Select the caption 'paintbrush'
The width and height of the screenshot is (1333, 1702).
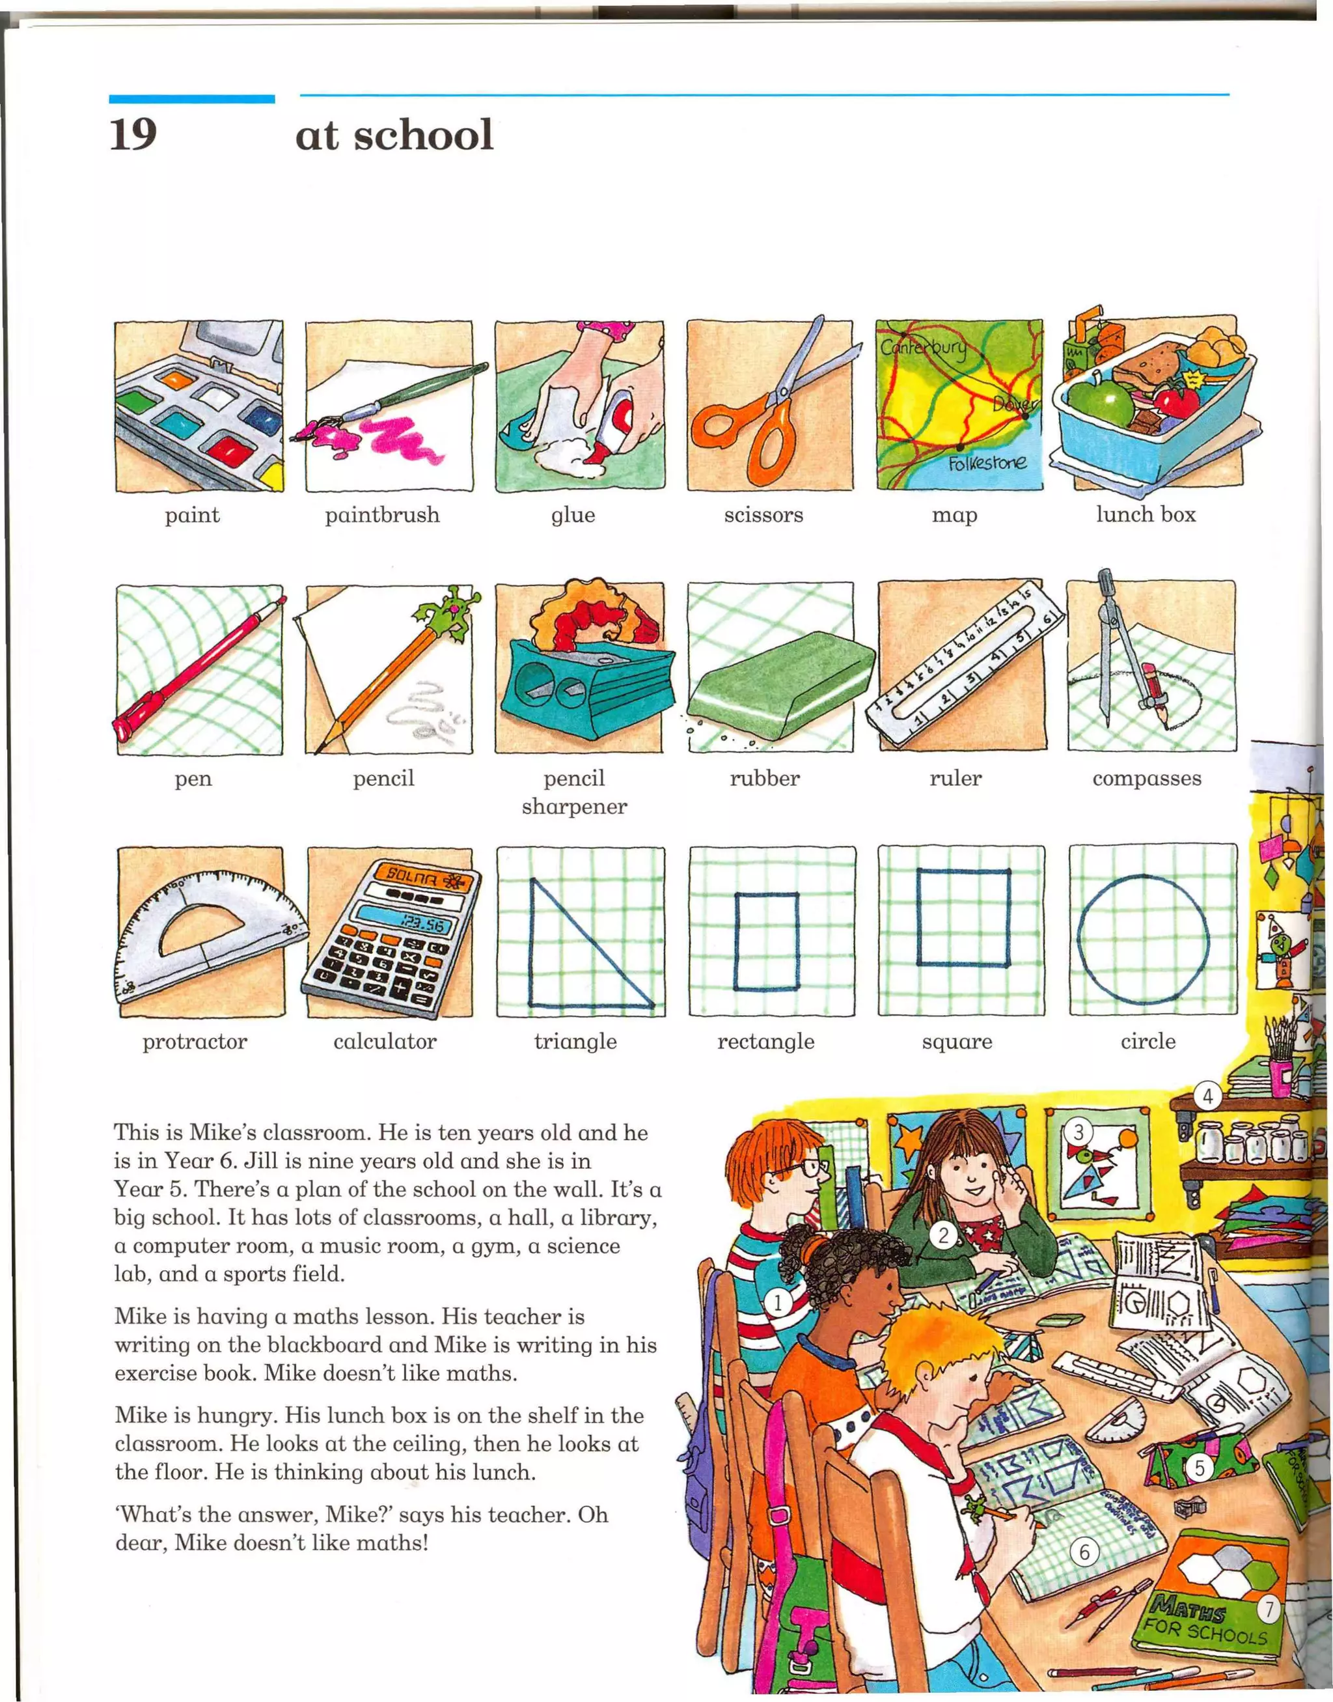pos(383,515)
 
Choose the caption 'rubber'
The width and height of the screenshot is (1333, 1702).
pos(765,778)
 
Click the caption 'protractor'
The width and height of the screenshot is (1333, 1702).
pos(195,1042)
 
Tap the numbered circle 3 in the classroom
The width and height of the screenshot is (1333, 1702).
pos(1079,1131)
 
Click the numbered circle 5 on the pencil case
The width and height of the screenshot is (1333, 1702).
pos(1200,1468)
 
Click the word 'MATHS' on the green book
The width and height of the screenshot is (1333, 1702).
pos(1188,1608)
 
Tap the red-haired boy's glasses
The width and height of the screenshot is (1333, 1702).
pos(806,1169)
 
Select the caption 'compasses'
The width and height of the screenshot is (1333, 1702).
pos(1146,778)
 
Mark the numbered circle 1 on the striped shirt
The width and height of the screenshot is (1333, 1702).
pos(777,1302)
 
